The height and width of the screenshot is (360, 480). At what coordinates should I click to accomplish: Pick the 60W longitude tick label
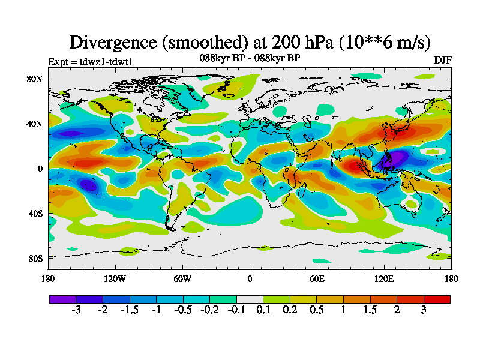[182, 278]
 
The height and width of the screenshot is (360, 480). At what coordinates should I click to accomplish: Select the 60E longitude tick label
[317, 278]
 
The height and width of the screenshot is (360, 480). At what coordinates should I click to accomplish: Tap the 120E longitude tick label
[384, 278]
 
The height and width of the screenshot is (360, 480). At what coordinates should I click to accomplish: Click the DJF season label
[442, 61]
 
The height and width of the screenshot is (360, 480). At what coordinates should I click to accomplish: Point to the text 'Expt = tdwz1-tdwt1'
[90, 61]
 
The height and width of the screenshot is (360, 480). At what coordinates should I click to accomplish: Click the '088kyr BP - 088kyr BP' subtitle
[250, 58]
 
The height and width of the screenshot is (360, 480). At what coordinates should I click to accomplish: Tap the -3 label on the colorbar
[76, 310]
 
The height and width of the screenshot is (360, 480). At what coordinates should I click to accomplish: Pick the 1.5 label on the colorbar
[370, 310]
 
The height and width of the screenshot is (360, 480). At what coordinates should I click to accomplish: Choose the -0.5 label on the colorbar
[183, 310]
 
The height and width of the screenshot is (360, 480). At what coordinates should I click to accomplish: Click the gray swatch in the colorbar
[250, 298]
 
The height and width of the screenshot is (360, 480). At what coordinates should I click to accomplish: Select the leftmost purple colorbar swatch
[62, 298]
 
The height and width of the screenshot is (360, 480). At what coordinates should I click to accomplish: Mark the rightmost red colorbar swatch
[437, 298]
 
